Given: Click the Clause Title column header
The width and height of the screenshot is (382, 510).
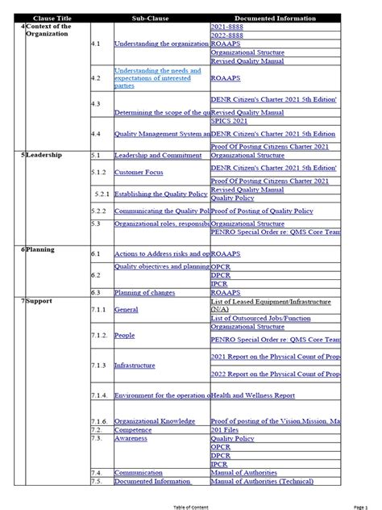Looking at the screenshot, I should pyautogui.click(x=51, y=18).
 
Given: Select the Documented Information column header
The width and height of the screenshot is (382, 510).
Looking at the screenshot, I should pyautogui.click(x=275, y=18).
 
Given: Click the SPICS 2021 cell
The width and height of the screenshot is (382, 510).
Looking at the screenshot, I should pyautogui.click(x=230, y=120).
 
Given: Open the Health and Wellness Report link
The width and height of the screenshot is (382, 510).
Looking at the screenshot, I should pyautogui.click(x=253, y=395).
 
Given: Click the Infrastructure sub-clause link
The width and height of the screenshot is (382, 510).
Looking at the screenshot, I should pyautogui.click(x=135, y=365).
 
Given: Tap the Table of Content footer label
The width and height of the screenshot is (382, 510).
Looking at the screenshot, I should pyautogui.click(x=191, y=506).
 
